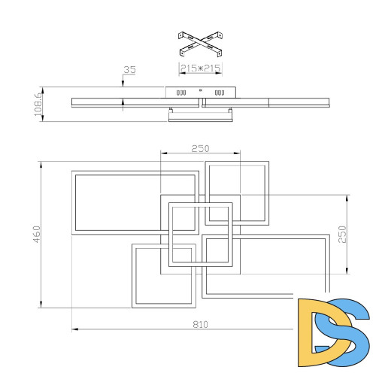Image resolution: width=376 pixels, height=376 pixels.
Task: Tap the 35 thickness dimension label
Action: (129, 70)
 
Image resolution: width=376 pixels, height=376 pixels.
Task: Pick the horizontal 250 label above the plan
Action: (199, 148)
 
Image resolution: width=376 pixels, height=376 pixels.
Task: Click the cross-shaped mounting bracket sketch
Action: (199, 44)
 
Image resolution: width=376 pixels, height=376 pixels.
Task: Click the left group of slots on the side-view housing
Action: (180, 93)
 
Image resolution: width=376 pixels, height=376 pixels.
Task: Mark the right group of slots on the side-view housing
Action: (220, 93)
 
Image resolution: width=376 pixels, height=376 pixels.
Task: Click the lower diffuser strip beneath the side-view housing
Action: (199, 114)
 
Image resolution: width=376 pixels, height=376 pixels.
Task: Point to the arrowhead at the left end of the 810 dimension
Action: (74, 329)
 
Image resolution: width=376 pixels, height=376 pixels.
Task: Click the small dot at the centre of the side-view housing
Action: (200, 90)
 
